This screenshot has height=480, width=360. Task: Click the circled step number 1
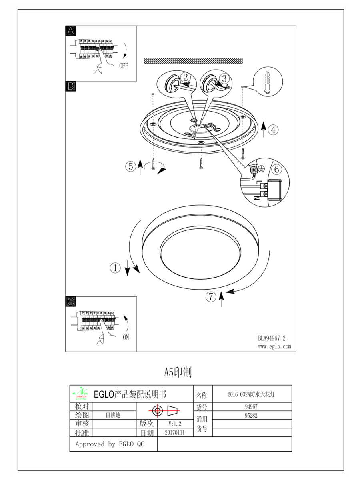[115, 268]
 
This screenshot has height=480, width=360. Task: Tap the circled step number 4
[273, 130]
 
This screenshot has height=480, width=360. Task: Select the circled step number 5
[130, 166]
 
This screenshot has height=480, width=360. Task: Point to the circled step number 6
[276, 169]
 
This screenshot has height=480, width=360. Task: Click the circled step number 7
[211, 296]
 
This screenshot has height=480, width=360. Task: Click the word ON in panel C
[126, 337]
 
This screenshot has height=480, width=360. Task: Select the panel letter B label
[70, 86]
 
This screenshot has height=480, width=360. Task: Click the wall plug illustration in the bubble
[267, 83]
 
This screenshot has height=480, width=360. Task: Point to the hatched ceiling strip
[193, 61]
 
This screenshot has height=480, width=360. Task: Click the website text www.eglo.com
[274, 346]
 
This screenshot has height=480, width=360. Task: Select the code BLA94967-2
[272, 338]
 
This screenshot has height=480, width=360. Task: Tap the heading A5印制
[178, 372]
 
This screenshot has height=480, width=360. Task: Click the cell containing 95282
[251, 415]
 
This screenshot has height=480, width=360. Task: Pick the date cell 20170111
[175, 433]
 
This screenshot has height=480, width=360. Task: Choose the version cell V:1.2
[175, 424]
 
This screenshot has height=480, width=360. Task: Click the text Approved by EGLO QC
[110, 444]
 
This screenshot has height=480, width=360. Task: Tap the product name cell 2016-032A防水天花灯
[251, 394]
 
